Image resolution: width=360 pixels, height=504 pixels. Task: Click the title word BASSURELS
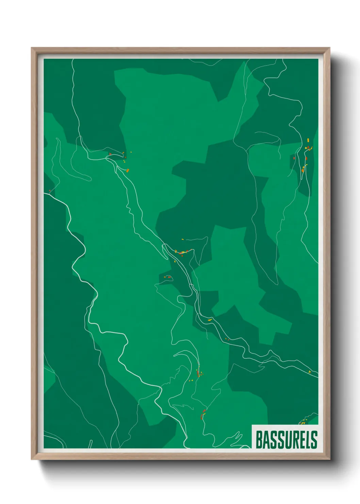286,440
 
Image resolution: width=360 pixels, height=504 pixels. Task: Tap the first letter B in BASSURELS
259,440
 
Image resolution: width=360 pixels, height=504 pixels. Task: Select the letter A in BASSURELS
265,440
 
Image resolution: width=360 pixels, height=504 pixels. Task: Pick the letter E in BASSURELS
300,440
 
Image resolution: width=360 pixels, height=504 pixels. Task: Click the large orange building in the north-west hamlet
128,170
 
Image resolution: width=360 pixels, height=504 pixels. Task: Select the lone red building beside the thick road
50,191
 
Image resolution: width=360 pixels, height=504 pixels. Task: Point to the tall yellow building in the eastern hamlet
308,140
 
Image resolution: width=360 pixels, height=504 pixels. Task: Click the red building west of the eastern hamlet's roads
294,158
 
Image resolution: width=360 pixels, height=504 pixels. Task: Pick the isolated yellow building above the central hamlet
182,239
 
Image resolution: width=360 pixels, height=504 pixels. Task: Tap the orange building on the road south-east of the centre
210,320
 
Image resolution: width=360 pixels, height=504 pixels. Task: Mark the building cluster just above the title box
303,422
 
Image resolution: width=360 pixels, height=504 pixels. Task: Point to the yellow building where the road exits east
309,372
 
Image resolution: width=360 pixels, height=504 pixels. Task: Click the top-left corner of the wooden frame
32,48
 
